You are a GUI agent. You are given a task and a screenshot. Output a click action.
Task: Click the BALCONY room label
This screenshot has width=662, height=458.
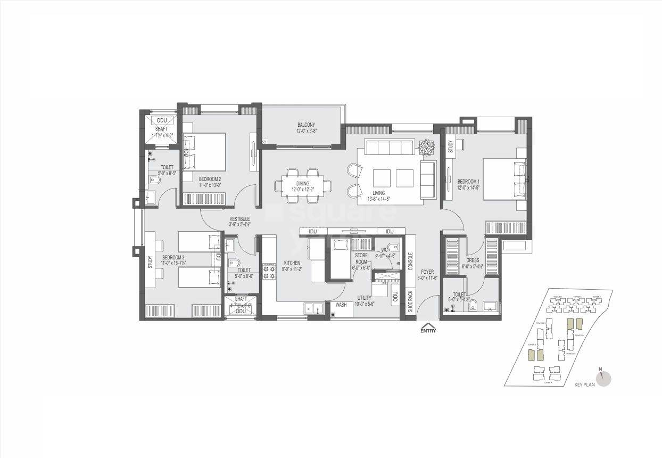click(x=306, y=125)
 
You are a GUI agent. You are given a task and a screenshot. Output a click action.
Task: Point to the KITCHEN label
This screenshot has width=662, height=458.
click(x=292, y=263)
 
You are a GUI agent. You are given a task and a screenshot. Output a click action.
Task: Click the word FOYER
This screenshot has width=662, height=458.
click(x=427, y=272)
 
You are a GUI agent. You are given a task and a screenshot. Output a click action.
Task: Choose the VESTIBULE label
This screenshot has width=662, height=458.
click(x=239, y=219)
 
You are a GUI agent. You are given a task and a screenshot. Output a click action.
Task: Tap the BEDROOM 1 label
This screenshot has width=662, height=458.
click(x=468, y=182)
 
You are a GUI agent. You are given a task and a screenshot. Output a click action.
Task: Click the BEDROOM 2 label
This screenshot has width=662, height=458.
click(x=210, y=179)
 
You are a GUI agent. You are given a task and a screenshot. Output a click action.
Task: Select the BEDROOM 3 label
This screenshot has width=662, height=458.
click(x=173, y=257)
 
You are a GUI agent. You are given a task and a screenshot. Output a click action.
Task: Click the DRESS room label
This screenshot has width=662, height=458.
click(x=473, y=261)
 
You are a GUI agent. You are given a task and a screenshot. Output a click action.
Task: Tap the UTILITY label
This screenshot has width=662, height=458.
click(x=365, y=298)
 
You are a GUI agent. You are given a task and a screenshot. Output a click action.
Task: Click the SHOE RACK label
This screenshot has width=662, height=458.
click(x=410, y=301)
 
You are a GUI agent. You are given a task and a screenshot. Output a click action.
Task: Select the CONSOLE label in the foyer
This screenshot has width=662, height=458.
click(x=410, y=261)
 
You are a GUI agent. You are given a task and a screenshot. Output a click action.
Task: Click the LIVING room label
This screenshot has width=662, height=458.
click(x=379, y=193)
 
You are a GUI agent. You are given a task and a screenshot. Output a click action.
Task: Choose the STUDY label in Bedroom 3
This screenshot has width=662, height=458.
click(x=150, y=262)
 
